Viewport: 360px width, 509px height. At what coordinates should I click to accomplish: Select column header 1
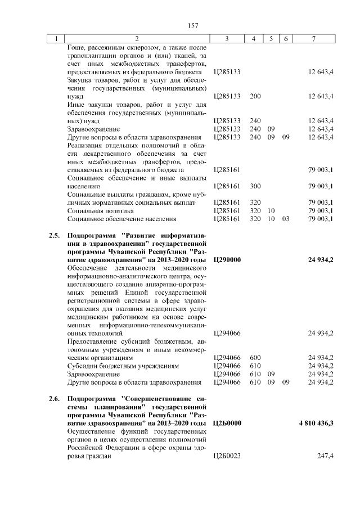coord(56,39)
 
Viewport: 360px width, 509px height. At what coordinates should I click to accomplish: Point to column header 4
coord(254,39)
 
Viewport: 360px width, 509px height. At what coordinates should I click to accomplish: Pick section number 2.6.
coord(54,399)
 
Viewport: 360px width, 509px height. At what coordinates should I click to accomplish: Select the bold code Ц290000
coord(227,260)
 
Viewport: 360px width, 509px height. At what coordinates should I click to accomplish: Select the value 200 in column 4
coord(255,97)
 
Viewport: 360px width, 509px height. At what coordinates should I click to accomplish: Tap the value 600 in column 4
coord(255,358)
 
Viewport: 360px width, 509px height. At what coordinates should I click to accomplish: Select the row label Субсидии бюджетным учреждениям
coord(123,366)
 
